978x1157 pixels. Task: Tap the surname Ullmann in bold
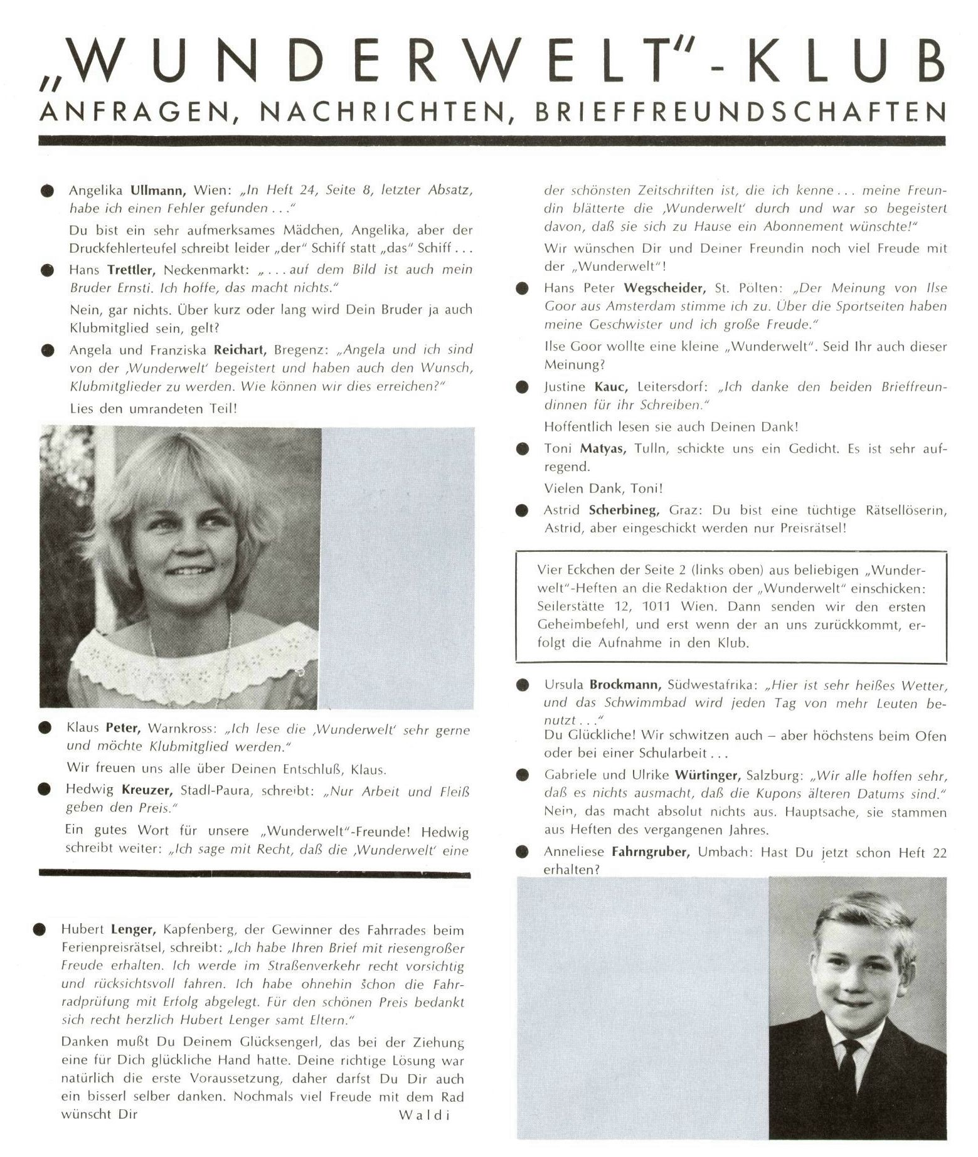click(157, 190)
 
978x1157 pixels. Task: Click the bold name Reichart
click(240, 350)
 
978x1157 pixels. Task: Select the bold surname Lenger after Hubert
click(130, 930)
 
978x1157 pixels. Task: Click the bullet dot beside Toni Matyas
click(522, 449)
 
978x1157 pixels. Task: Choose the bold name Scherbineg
click(624, 510)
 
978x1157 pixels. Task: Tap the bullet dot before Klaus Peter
click(45, 728)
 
